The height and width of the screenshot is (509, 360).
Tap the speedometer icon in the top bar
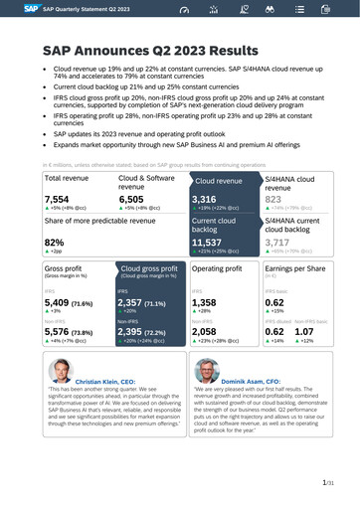click(183, 9)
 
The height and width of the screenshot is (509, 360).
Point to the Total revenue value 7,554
click(57, 199)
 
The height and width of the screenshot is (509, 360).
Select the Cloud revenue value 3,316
click(204, 199)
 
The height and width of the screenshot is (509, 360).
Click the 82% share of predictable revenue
click(55, 242)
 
